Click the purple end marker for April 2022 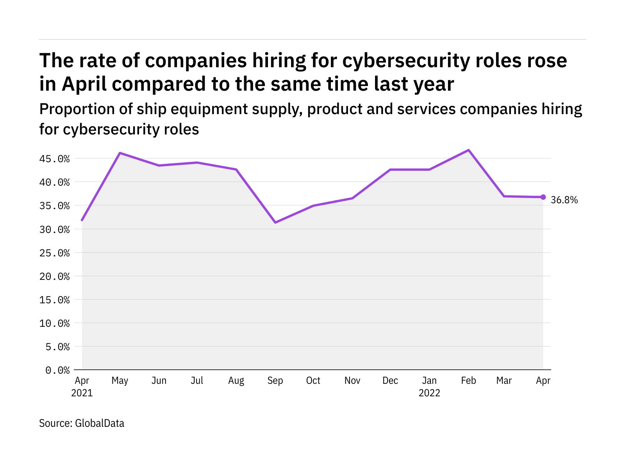click(x=543, y=197)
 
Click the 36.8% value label click(x=564, y=200)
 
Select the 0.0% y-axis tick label click(x=57, y=370)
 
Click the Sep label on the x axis click(x=275, y=381)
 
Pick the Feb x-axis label click(x=468, y=381)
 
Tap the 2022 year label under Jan click(x=429, y=393)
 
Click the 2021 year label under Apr click(x=82, y=393)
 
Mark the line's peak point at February click(x=468, y=150)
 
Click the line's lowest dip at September click(x=275, y=222)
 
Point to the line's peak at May click(x=120, y=153)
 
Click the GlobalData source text click(x=99, y=423)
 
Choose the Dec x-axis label click(x=390, y=381)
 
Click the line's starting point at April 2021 click(x=82, y=220)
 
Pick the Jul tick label click(x=197, y=381)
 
